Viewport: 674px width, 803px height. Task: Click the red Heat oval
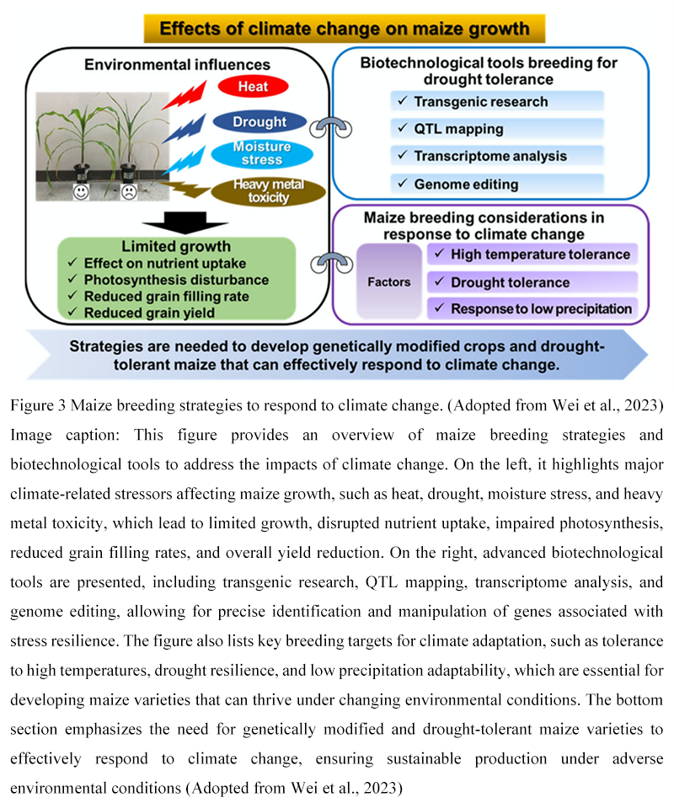(253, 86)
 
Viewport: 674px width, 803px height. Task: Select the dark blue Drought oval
(259, 121)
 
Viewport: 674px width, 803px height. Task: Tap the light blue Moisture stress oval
(262, 153)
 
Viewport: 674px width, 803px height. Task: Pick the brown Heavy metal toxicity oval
(269, 191)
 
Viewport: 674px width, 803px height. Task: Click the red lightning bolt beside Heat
(185, 96)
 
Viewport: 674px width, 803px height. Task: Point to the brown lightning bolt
(185, 189)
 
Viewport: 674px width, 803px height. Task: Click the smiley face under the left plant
(81, 192)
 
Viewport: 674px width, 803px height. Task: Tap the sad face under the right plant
(129, 192)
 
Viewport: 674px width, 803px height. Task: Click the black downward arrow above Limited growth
(185, 222)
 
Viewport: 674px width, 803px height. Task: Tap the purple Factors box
(389, 281)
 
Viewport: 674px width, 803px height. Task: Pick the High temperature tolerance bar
(532, 254)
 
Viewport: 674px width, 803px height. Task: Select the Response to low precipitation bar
(532, 308)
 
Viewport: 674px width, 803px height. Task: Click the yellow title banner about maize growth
(345, 29)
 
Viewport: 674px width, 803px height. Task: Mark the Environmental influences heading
(177, 65)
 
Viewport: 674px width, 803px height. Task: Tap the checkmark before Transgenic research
(403, 101)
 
